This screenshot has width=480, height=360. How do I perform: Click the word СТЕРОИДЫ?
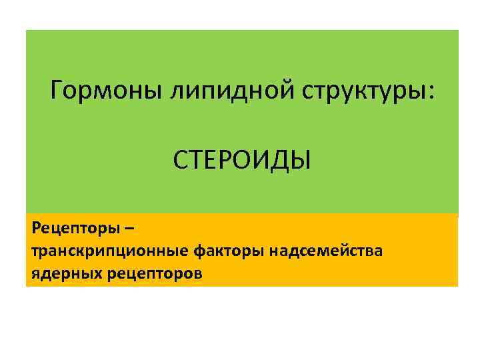[241, 159]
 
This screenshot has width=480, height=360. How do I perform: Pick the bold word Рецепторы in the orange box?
[73, 229]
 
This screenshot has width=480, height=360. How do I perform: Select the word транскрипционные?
[110, 251]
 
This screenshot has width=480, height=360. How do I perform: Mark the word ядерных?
[59, 273]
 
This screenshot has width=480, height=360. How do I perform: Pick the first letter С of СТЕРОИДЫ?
[180, 159]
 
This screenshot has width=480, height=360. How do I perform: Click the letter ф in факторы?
[200, 252]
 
